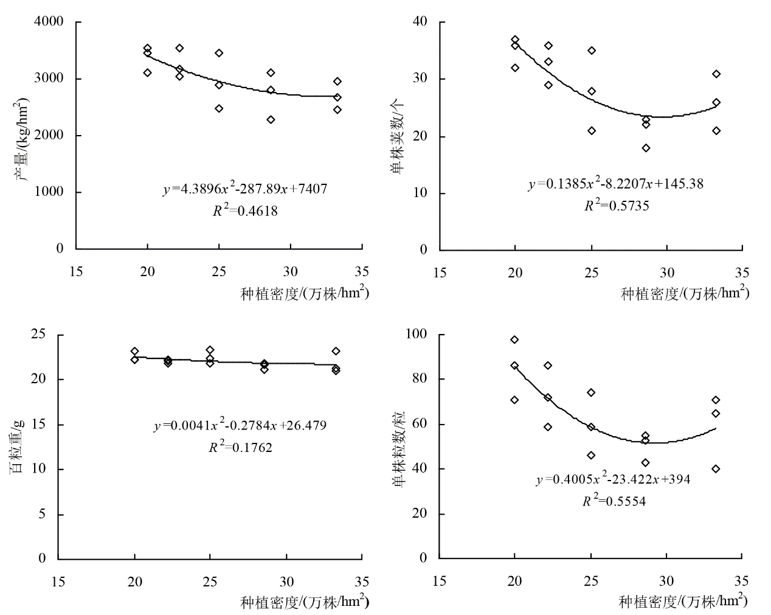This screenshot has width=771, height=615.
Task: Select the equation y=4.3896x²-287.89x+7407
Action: tap(245, 189)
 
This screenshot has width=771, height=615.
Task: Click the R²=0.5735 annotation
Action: tap(617, 206)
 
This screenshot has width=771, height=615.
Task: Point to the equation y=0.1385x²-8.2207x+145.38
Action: tap(615, 183)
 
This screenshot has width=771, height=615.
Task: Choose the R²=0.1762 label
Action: tap(240, 448)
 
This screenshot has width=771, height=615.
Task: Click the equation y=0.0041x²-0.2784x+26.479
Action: tap(240, 425)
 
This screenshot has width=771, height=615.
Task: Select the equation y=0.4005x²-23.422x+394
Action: tap(613, 479)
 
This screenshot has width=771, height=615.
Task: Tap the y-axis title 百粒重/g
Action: tap(18, 446)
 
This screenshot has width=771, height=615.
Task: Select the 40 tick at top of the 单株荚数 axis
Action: tap(421, 23)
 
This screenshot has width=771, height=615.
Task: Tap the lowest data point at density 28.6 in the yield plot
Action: tap(271, 119)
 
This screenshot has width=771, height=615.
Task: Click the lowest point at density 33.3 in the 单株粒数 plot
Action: tap(716, 468)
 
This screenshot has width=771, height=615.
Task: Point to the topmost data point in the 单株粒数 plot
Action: tap(514, 339)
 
